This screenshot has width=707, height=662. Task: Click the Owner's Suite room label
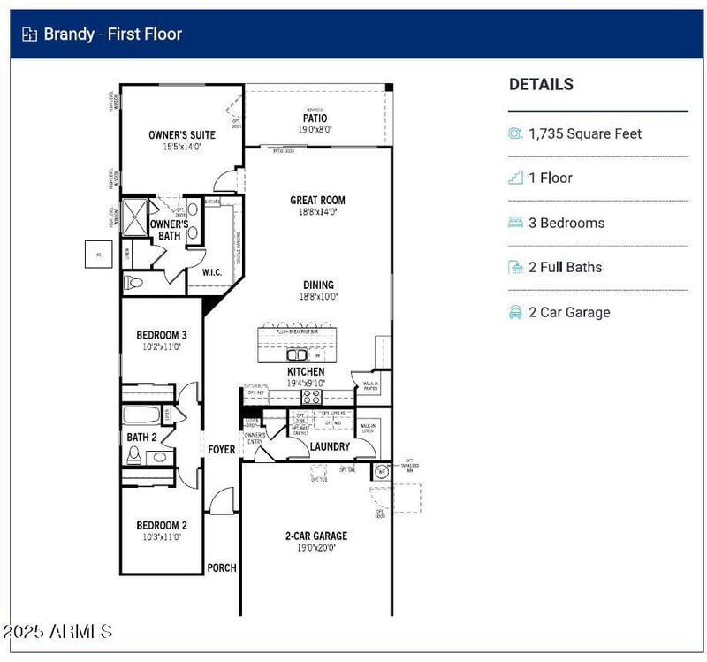(x=181, y=135)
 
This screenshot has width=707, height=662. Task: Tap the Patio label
(x=315, y=118)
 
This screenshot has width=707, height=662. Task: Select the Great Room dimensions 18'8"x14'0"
(x=317, y=212)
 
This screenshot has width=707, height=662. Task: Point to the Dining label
(x=318, y=285)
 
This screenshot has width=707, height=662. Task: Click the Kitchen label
(x=305, y=372)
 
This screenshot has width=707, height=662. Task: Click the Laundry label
(x=330, y=447)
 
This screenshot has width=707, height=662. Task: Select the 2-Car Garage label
(x=316, y=536)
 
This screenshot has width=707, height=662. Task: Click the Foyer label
(x=222, y=450)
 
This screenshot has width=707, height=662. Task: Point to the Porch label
(x=222, y=567)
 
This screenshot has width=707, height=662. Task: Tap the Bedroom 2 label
(x=161, y=525)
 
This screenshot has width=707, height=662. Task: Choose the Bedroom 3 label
(x=161, y=335)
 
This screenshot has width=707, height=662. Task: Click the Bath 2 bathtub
(x=141, y=415)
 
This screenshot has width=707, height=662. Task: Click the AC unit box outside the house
(x=97, y=254)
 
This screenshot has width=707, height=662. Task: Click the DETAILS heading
(x=541, y=85)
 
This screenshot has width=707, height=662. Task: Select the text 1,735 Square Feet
(x=585, y=134)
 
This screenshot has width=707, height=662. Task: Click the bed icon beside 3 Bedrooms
(x=515, y=223)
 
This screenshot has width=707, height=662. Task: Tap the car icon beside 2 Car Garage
(x=515, y=312)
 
